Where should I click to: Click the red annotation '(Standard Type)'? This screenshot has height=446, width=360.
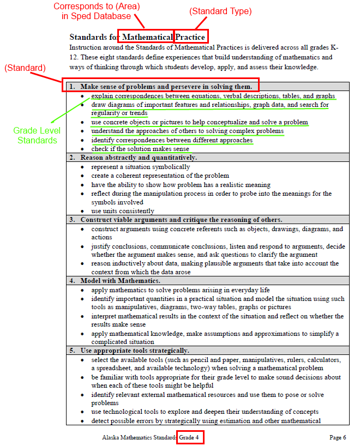pyautogui.click(x=220, y=11)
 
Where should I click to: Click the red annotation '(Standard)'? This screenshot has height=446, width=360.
pyautogui.click(x=26, y=68)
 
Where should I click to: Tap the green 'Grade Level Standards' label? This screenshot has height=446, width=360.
pyautogui.click(x=37, y=135)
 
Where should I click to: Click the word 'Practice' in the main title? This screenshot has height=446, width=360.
pyautogui.click(x=191, y=37)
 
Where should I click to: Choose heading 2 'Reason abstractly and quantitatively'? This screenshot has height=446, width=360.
pyautogui.click(x=139, y=158)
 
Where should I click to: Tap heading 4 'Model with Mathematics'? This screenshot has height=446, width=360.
pyautogui.click(x=120, y=281)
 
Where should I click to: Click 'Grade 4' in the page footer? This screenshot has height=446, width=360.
pyautogui.click(x=190, y=437)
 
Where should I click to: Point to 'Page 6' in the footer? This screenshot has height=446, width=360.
pyautogui.click(x=338, y=437)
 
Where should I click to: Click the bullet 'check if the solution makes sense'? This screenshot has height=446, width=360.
pyautogui.click(x=140, y=149)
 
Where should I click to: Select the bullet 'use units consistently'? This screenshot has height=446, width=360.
pyautogui.click(x=123, y=211)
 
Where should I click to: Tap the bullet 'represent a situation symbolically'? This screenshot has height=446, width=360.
pyautogui.click(x=141, y=167)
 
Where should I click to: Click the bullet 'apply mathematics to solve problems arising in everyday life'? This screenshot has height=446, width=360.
pyautogui.click(x=180, y=290)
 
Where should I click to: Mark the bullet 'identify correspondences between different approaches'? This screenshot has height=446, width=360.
pyautogui.click(x=172, y=140)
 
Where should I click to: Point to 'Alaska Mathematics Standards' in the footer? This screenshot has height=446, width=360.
pyautogui.click(x=139, y=437)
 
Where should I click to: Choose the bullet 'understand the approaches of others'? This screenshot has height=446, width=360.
pyautogui.click(x=187, y=131)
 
